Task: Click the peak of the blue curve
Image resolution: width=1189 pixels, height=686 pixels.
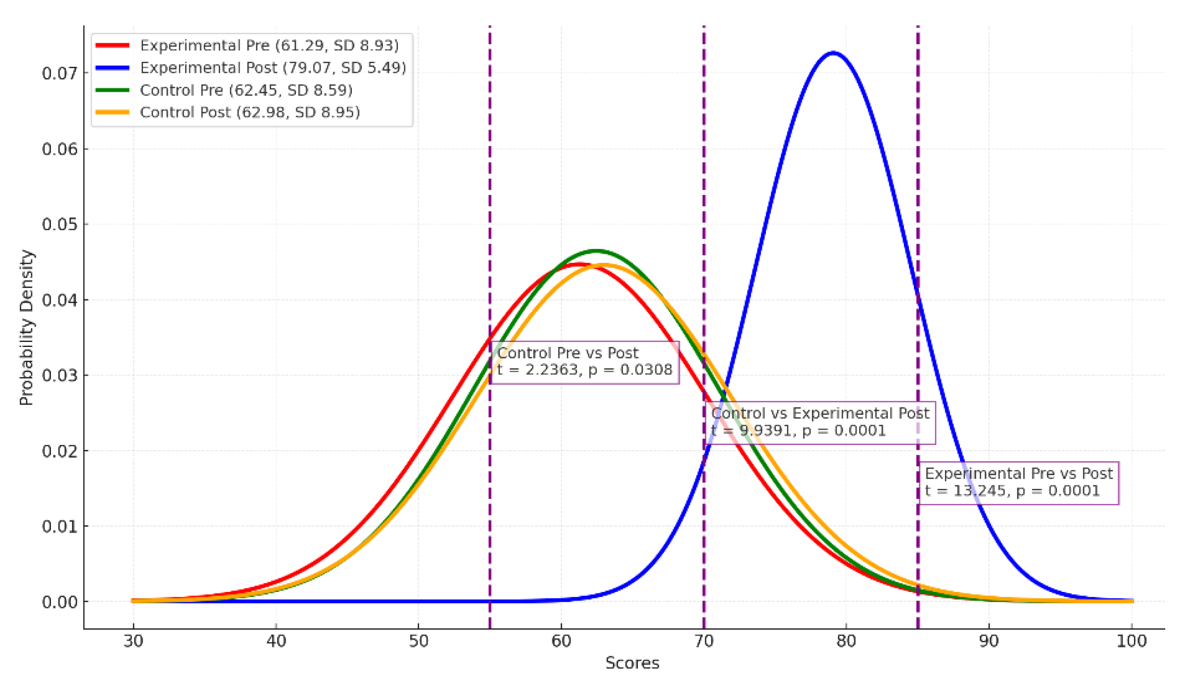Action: (x=833, y=52)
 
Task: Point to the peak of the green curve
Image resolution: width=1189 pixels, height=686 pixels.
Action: (x=596, y=251)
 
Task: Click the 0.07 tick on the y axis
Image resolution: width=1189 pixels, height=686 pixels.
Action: (x=59, y=73)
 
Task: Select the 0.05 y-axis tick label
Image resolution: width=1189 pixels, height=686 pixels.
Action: (x=59, y=225)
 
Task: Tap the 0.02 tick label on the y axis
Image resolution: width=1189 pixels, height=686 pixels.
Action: (x=59, y=451)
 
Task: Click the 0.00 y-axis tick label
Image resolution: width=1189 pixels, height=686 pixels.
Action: (x=59, y=602)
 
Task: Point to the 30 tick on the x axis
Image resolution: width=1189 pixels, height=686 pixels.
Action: (x=133, y=641)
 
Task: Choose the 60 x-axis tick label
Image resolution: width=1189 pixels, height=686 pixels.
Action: (x=561, y=641)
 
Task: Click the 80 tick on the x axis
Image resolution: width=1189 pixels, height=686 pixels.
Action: (x=846, y=641)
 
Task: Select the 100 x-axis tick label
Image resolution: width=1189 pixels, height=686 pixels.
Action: (x=1132, y=641)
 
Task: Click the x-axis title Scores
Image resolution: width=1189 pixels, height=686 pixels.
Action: (x=632, y=663)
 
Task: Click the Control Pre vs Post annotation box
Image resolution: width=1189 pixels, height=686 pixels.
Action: (x=584, y=362)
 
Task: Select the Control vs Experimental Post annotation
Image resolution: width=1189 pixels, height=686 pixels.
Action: (x=820, y=423)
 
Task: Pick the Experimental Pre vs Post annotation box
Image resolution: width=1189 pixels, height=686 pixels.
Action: (x=1018, y=483)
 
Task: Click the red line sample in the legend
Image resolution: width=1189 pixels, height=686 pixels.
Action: (x=113, y=46)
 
